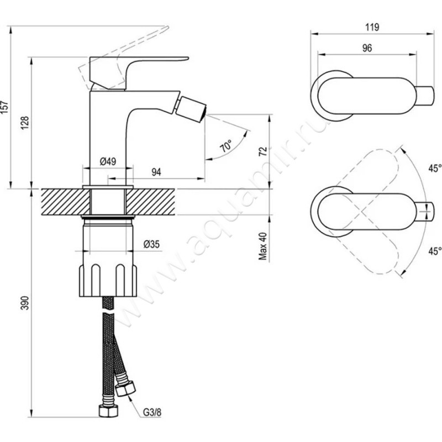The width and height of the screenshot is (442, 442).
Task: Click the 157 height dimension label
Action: click(5, 107)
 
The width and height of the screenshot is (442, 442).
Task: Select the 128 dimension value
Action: click(24, 123)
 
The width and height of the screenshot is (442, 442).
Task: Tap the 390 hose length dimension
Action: click(25, 303)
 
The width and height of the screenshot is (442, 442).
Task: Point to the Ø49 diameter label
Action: click(108, 161)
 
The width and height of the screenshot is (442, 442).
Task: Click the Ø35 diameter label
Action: click(151, 244)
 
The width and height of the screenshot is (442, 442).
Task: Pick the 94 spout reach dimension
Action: click(156, 172)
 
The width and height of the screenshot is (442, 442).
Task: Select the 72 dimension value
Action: click(263, 151)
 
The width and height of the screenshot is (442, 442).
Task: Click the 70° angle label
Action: click(226, 145)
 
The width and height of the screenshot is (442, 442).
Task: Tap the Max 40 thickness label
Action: click(263, 246)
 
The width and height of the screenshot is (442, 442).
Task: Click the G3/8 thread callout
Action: click(152, 412)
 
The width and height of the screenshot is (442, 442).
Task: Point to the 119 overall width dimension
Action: click(372, 27)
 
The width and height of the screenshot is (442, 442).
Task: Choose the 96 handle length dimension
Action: click(367, 48)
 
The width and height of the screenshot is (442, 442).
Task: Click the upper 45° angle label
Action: click(435, 169)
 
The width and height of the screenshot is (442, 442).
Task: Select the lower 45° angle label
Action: click(435, 251)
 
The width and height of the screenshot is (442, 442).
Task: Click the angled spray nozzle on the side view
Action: click(191, 106)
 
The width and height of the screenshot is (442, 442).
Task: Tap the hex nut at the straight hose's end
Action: click(108, 411)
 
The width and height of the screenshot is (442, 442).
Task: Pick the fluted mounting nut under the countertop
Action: click(108, 280)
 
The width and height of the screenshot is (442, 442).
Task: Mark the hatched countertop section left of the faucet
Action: click(66, 202)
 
